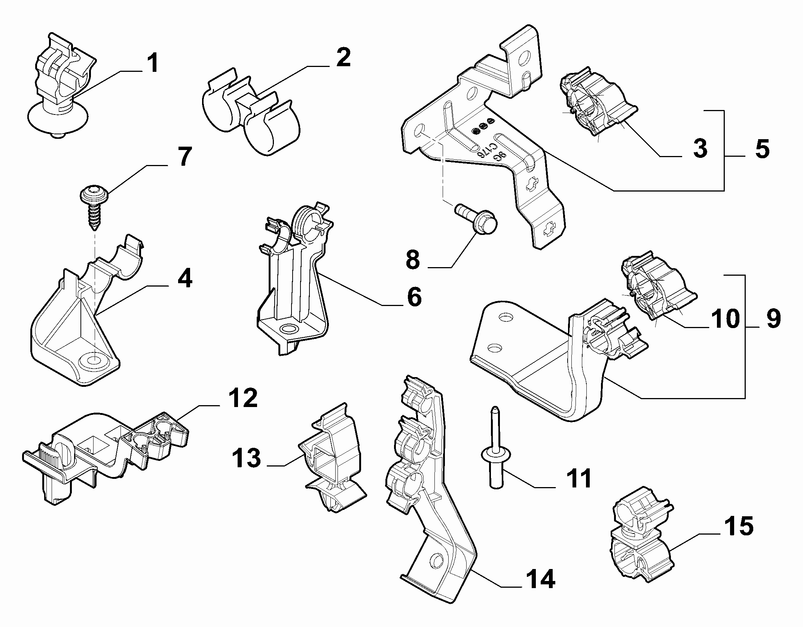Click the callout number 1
152,64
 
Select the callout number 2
343,58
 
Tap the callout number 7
184,157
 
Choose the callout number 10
725,318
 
